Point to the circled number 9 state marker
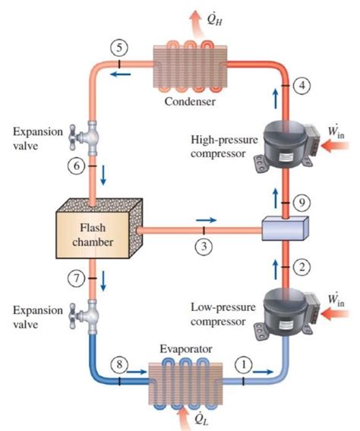click(x=303, y=203)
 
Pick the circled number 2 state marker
click(x=303, y=266)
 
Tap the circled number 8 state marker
click(x=119, y=365)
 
